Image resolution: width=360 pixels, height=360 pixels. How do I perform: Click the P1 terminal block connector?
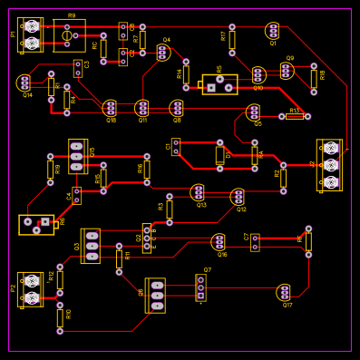click(x=31, y=34)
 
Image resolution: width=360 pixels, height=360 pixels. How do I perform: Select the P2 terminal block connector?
click(x=31, y=289)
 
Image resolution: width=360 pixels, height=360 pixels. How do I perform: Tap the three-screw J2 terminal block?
click(x=330, y=164)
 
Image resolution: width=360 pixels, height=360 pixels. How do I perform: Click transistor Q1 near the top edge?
click(x=273, y=31)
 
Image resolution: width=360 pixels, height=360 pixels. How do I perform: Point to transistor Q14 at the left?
click(x=24, y=83)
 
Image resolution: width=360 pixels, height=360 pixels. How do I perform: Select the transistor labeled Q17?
click(x=285, y=292)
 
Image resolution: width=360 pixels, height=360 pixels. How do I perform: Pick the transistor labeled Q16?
click(x=219, y=241)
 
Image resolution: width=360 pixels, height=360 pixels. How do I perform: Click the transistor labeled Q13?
click(x=198, y=192)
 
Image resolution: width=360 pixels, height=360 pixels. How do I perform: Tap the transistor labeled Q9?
click(x=287, y=70)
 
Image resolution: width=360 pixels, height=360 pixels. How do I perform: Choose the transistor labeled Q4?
click(x=163, y=53)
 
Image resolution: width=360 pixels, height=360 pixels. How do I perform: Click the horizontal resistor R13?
click(x=295, y=116)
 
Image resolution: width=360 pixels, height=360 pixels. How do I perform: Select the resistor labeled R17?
click(x=232, y=39)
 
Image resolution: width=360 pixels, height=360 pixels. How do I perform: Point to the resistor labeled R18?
click(x=314, y=78)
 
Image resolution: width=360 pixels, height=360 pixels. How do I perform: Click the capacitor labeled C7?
click(x=255, y=242)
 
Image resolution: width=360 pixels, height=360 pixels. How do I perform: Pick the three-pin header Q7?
click(x=201, y=287)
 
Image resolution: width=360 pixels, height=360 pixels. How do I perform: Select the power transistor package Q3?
click(x=91, y=246)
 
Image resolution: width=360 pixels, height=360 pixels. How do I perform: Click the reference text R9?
click(x=72, y=15)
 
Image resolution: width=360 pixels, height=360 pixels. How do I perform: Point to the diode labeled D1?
click(x=220, y=155)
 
